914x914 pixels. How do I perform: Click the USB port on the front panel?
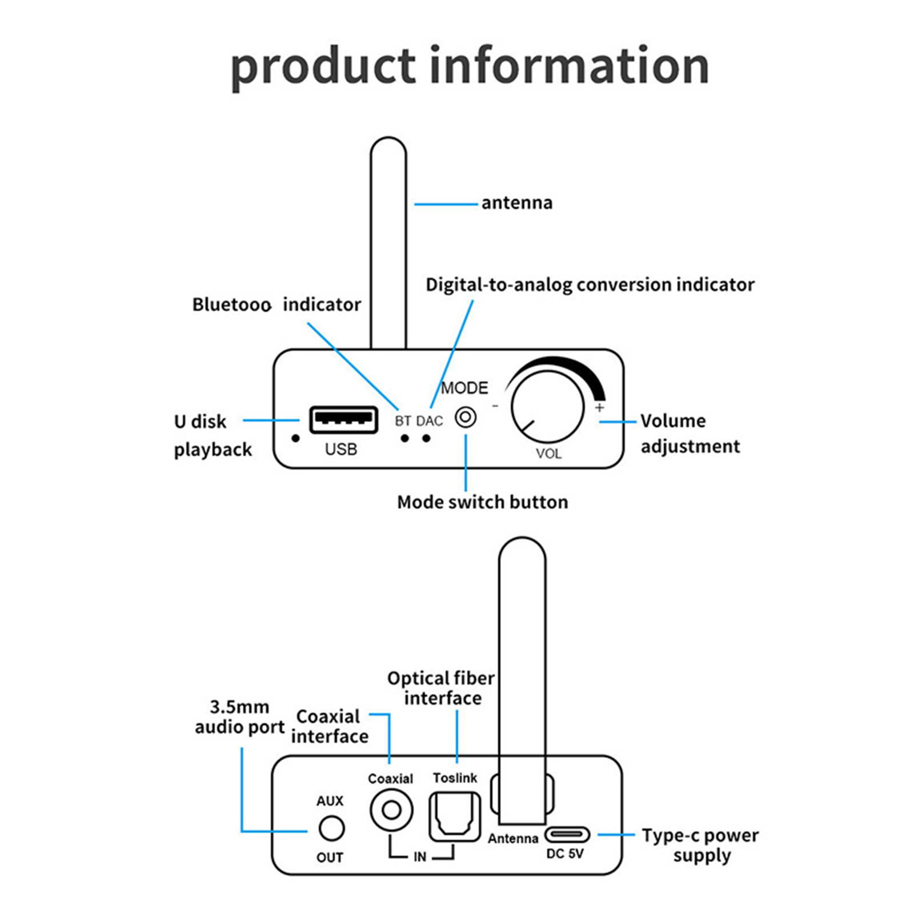pyautogui.click(x=343, y=420)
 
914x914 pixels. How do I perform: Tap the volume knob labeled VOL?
pyautogui.click(x=547, y=407)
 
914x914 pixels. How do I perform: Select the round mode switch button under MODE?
pyautogui.click(x=466, y=418)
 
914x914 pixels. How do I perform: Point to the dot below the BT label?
pyautogui.click(x=404, y=438)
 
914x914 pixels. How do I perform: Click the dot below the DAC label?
pyautogui.click(x=426, y=438)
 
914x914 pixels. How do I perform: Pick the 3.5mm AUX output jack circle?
pyautogui.click(x=331, y=828)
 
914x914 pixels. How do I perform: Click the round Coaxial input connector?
pyautogui.click(x=391, y=809)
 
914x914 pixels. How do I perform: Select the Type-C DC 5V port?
pyautogui.click(x=566, y=835)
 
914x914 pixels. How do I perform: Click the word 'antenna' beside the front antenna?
pyautogui.click(x=517, y=203)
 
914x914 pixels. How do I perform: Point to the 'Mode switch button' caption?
pyautogui.click(x=483, y=502)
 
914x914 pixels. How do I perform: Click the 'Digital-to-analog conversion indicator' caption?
pyautogui.click(x=590, y=284)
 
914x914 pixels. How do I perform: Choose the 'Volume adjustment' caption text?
pyautogui.click(x=689, y=434)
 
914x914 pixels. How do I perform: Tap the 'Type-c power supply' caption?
pyautogui.click(x=700, y=845)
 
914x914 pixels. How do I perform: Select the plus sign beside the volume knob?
pyautogui.click(x=599, y=407)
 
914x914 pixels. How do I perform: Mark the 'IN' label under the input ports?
pyautogui.click(x=420, y=857)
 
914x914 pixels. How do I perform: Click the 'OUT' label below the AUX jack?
pyautogui.click(x=330, y=857)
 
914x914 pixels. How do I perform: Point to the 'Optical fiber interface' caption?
pyautogui.click(x=442, y=688)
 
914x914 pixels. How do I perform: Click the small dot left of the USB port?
pyautogui.click(x=295, y=438)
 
